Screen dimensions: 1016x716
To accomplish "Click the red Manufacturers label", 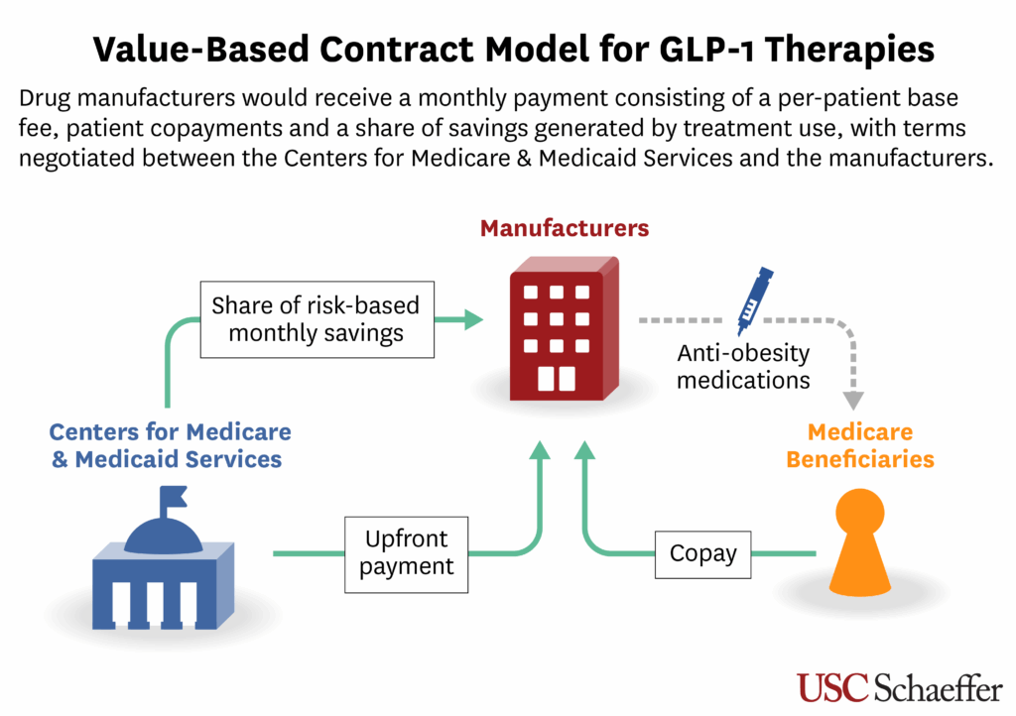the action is coord(565,228).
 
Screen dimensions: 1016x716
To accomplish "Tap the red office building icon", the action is coord(564,328).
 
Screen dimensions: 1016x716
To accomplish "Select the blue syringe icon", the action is coord(755,300).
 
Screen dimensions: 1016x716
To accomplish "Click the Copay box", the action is coord(703,554).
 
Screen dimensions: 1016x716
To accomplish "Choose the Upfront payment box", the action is coord(406,554).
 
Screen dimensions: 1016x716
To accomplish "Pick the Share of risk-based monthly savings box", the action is coord(317,319).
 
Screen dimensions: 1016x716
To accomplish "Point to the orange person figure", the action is coord(860,542).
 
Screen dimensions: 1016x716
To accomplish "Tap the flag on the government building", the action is coord(173,497).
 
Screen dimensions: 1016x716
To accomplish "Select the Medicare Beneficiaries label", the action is coord(860,445).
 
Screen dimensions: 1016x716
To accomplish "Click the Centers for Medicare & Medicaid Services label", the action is coord(170,445).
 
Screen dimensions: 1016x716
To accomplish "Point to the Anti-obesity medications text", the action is coord(743,366).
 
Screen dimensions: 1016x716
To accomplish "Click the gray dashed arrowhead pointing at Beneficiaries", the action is coord(853,400).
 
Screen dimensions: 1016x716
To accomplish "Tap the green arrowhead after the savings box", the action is coord(473,319).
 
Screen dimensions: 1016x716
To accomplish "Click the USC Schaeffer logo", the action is coord(899,687).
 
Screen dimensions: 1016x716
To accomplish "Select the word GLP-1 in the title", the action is coord(706,50).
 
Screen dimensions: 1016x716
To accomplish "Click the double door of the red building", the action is coord(557,379).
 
